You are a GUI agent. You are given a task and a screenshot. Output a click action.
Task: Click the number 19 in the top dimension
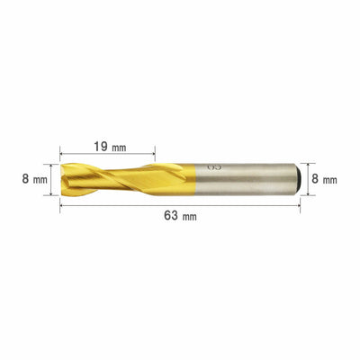[102, 147]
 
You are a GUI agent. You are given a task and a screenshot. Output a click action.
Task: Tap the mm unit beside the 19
[119, 148]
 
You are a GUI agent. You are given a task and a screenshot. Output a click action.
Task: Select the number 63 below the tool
[171, 215]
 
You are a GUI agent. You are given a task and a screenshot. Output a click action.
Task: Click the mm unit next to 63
[189, 217]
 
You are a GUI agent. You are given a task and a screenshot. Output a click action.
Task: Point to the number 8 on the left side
[25, 179]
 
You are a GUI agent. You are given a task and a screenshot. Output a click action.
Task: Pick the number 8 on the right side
[315, 179]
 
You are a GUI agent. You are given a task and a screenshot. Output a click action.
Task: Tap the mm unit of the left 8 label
[40, 180]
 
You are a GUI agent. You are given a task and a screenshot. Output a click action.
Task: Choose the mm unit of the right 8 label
[330, 180]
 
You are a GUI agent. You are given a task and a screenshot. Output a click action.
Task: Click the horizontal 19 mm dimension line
[107, 154]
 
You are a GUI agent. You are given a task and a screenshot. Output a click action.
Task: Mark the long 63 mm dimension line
[180, 205]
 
